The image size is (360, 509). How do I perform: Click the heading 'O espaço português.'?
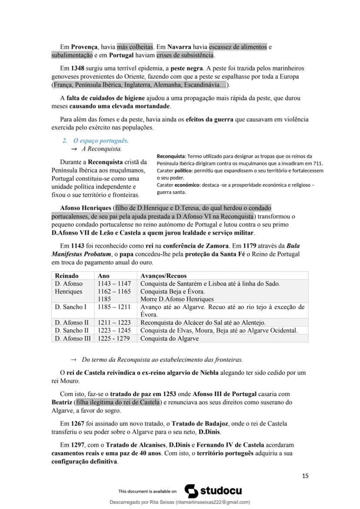(x=100, y=141)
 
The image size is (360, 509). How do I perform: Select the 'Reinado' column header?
(x=67, y=276)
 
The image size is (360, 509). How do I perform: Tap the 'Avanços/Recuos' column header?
(x=163, y=276)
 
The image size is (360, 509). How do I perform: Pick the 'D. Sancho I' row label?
(x=71, y=307)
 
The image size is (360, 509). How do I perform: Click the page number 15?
(x=305, y=476)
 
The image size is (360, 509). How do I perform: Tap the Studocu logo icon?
(x=191, y=491)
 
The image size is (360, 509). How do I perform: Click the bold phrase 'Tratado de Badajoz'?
(x=198, y=423)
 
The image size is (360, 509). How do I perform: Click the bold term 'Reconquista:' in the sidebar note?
(x=171, y=156)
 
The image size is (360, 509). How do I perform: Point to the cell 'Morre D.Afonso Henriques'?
(x=177, y=299)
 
